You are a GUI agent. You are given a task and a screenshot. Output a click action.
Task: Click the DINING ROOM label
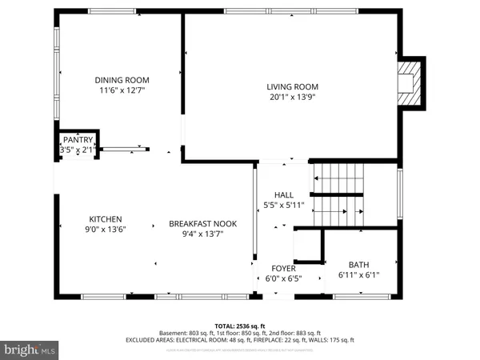(122, 80)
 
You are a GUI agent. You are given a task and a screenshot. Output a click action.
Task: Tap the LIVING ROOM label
(293, 86)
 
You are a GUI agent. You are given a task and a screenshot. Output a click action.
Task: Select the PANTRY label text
(78, 139)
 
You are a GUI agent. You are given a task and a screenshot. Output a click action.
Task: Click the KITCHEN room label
(105, 219)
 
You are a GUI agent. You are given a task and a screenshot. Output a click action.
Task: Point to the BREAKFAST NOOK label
(202, 224)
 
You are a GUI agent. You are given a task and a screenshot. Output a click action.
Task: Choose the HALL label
(284, 194)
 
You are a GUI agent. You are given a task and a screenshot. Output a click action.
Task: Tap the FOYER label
(283, 268)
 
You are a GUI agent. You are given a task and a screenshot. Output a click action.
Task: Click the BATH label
(358, 265)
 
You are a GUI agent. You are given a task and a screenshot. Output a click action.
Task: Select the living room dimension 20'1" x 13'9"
(293, 98)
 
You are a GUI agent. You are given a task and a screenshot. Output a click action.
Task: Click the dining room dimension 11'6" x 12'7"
(122, 91)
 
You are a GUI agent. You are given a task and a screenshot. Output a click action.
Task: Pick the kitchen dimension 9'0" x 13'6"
(105, 230)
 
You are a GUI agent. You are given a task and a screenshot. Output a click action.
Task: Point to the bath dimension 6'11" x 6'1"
(358, 276)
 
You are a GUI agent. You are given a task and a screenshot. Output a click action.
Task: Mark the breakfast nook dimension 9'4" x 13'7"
(202, 234)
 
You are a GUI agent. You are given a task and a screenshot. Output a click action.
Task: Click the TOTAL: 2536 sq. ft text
(240, 326)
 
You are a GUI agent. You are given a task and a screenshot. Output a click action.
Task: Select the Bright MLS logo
(30, 350)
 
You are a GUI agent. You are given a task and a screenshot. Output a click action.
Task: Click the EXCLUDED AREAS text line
(240, 340)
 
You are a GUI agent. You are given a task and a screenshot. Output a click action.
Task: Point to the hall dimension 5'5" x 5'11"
(284, 205)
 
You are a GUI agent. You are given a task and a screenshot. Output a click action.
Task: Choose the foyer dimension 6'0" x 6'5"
(283, 279)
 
